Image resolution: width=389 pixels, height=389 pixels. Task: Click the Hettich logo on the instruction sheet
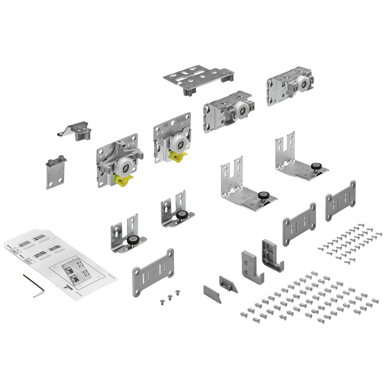(x=69, y=288)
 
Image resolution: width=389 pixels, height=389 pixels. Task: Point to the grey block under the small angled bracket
(x=82, y=135)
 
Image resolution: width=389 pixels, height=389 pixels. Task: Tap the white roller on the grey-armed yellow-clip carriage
(x=123, y=167)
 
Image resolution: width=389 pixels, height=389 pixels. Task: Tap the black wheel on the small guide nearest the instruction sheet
(x=132, y=241)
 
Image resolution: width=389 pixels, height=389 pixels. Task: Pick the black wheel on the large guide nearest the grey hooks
(x=262, y=196)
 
